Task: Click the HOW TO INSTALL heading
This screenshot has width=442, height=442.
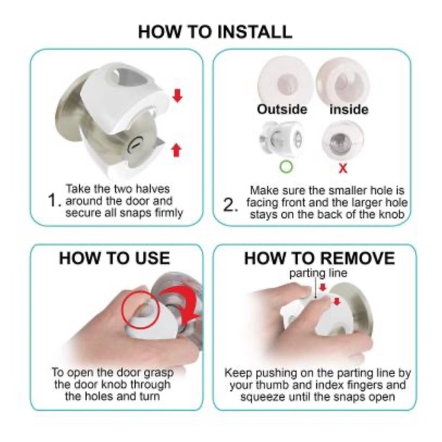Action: [x=215, y=31]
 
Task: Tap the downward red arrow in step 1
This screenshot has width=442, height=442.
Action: [x=178, y=95]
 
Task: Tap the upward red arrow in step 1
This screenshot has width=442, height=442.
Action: [x=177, y=149]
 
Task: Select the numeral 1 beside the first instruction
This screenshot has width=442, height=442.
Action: [x=53, y=200]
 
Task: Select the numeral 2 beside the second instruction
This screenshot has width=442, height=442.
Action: [x=229, y=205]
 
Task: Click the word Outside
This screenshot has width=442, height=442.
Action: [x=282, y=110]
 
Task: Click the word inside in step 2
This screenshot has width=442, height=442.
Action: [x=349, y=110]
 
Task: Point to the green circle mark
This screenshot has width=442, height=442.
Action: [x=286, y=167]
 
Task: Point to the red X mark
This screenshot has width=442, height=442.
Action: [x=343, y=168]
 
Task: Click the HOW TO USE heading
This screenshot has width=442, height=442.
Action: [x=114, y=258]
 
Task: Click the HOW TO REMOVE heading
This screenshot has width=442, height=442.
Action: [x=319, y=258]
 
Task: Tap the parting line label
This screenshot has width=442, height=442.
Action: [x=319, y=273]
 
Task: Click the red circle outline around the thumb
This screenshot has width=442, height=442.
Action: [x=122, y=309]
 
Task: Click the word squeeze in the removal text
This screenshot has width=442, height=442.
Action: [x=261, y=397]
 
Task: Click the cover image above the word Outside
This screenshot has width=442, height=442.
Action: [x=285, y=81]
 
